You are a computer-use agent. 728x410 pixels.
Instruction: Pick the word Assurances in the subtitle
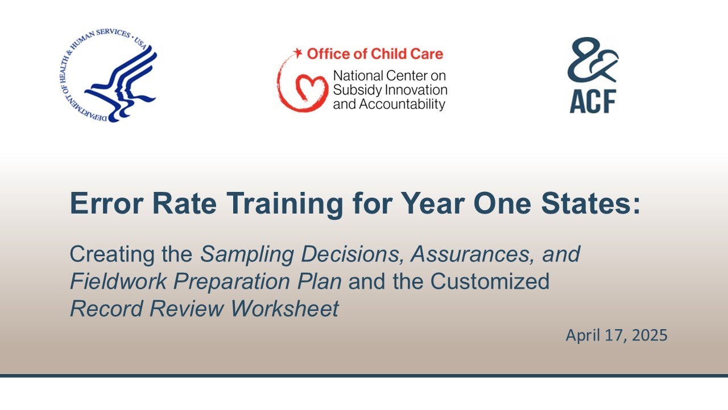click(463, 254)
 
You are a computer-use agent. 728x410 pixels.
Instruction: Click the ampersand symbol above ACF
click(592, 60)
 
